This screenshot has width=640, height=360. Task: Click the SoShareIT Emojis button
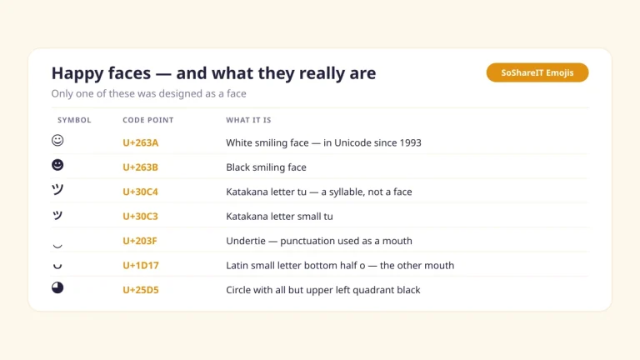point(537,72)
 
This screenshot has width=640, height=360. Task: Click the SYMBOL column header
point(74,120)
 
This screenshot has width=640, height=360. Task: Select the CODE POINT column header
point(148,120)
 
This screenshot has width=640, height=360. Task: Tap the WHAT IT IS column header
point(248,120)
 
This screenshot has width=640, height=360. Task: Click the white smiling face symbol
point(57,140)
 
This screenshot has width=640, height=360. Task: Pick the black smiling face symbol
point(57,164)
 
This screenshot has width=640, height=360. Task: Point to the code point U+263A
point(140,142)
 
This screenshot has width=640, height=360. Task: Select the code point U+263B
point(140,167)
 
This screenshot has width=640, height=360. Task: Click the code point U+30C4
point(140,192)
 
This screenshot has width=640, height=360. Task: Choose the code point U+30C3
point(140,217)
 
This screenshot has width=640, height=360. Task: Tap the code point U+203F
point(140,241)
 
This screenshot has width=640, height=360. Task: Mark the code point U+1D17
point(140,265)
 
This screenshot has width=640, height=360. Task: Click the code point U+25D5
point(140,290)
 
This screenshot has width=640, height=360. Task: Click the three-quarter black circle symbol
point(57,287)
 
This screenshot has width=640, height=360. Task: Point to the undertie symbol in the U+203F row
point(57,246)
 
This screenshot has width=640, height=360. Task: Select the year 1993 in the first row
point(410,142)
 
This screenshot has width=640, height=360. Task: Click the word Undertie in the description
point(246,241)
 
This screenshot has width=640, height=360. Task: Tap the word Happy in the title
point(77,74)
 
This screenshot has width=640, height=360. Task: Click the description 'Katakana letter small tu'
point(280,217)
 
